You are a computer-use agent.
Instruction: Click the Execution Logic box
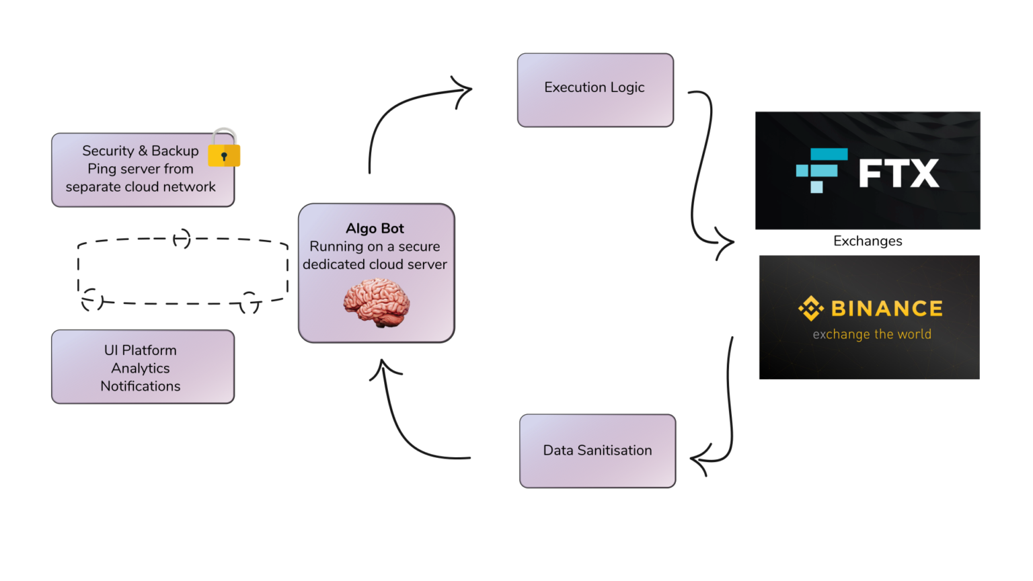coord(595,89)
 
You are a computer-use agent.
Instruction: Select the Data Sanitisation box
coord(597,451)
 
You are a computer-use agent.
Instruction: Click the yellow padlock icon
coord(224,149)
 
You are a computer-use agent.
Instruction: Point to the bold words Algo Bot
coord(375,229)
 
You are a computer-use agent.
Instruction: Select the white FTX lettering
coord(898,173)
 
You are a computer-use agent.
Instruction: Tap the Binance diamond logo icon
coord(810,308)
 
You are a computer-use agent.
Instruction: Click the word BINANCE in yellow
coord(886,309)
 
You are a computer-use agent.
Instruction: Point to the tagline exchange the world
coord(872,334)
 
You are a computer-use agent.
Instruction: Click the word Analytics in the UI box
coord(141,369)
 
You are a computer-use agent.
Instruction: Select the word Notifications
coord(141,387)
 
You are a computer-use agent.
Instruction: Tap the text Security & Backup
coord(141,151)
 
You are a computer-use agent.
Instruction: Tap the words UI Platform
coord(141,350)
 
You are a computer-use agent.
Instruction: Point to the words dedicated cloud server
coord(375,265)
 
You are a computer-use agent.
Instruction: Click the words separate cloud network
coord(141,187)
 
